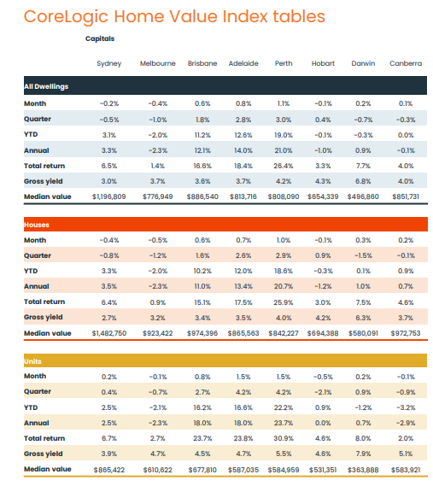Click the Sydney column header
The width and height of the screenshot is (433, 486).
(x=108, y=63)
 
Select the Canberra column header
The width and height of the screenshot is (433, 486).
(x=406, y=63)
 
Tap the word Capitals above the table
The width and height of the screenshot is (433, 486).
(x=100, y=38)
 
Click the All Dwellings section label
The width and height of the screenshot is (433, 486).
(x=46, y=86)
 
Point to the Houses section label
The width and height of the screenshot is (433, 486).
(x=37, y=225)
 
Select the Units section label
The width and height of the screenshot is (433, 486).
(x=32, y=361)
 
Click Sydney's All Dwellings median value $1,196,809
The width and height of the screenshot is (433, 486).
(x=108, y=196)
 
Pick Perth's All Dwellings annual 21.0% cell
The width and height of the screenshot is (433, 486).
(x=283, y=150)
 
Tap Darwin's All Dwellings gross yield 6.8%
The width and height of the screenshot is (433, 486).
(x=363, y=181)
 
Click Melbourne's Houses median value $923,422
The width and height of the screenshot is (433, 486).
(x=157, y=333)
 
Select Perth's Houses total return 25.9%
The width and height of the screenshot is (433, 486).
(x=283, y=302)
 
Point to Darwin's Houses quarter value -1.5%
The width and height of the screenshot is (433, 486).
(x=363, y=255)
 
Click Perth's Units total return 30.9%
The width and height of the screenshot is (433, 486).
(x=283, y=438)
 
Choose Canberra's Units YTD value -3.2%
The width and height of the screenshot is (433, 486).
(x=406, y=407)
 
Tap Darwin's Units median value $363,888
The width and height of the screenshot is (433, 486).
(x=363, y=470)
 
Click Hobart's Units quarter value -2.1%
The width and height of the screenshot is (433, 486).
(x=323, y=392)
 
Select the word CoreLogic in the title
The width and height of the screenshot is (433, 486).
(x=66, y=17)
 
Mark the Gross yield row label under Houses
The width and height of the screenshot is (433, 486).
(x=44, y=317)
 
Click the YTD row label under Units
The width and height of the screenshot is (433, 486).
(x=31, y=407)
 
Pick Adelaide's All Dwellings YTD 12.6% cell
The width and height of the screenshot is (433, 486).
(x=243, y=135)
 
